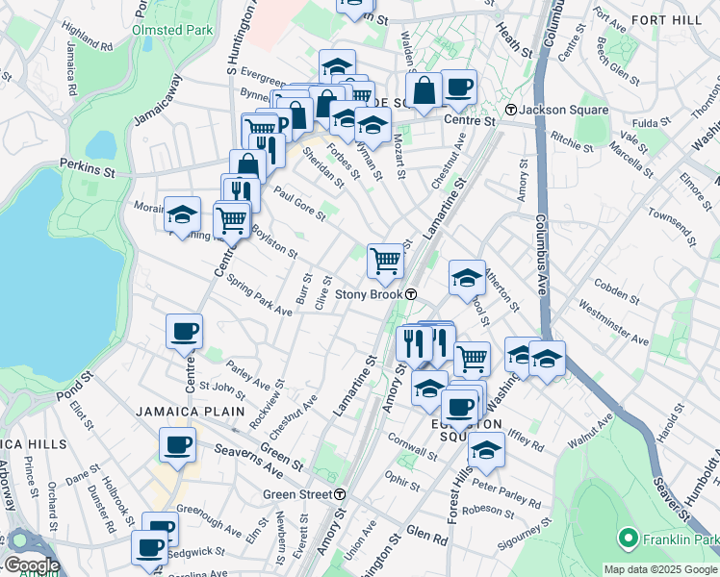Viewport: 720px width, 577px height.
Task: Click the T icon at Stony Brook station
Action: pos(411,294)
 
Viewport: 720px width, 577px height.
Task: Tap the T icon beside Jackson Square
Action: pos(513,110)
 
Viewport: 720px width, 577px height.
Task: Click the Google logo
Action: pos(32,565)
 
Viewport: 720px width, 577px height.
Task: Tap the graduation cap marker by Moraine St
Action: pos(182,213)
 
